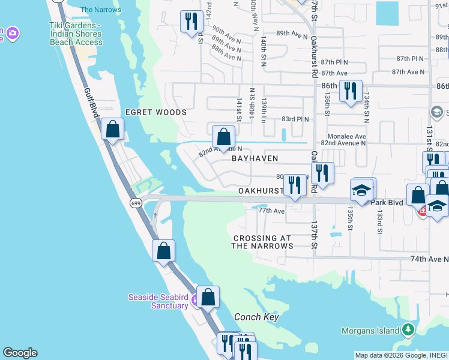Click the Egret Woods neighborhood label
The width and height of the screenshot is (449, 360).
pos(155,112)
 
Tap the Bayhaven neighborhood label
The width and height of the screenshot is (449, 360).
pos(255,158)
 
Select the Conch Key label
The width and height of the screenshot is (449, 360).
pos(256,317)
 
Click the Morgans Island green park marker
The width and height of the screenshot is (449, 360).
pos(408,329)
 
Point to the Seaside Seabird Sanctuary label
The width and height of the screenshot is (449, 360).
pos(158,301)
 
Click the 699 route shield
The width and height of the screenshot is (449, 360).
pos(134,203)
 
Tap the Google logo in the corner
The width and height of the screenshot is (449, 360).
pos(20,353)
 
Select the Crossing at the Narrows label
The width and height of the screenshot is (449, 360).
pos(263,242)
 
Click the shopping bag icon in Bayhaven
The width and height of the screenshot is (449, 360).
pos(223,137)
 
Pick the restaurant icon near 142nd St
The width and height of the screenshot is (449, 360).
pos(191,22)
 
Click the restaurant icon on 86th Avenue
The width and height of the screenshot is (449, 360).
pos(350,91)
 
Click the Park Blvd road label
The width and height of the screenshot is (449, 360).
pos(385,203)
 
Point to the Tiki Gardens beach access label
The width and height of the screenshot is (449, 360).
pos(76,34)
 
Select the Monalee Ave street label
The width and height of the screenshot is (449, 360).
pos(346,136)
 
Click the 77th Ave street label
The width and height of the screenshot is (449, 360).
pos(271,211)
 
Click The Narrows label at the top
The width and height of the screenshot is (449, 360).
pos(100,10)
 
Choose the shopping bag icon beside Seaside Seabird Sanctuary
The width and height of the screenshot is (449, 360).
pos(208,297)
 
